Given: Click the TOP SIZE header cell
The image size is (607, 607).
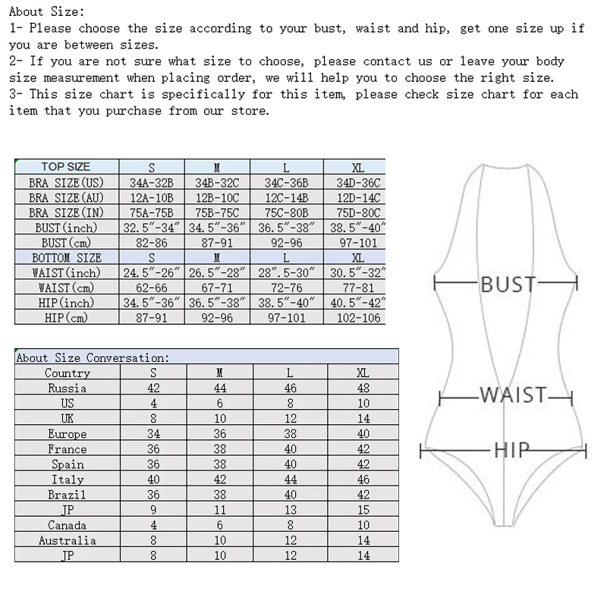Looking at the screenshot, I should click(66, 167).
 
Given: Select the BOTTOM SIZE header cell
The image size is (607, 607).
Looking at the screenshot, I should click(67, 258).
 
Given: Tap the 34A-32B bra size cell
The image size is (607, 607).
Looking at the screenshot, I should click(152, 183).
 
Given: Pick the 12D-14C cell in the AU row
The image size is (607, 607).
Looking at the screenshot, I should click(358, 198).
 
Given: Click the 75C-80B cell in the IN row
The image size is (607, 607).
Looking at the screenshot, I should click(286, 213).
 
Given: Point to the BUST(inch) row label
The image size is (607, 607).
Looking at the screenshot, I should click(67, 228).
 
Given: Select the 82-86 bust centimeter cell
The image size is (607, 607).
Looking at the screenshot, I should click(152, 243).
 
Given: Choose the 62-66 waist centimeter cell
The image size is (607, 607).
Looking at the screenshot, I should click(152, 288).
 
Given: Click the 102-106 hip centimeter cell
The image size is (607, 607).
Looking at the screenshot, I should click(358, 318).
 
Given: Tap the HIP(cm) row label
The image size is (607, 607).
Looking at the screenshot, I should click(67, 318).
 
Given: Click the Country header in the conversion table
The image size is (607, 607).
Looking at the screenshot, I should click(67, 373).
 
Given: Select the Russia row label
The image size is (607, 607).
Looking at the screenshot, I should click(67, 388).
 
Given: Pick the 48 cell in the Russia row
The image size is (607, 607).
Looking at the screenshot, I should click(363, 388).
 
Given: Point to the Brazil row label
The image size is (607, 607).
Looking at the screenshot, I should click(67, 495).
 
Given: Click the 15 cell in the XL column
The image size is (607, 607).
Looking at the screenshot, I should click(363, 510).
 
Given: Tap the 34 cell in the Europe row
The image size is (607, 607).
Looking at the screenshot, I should click(153, 434).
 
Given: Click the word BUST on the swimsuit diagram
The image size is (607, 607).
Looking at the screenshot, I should click(508, 284).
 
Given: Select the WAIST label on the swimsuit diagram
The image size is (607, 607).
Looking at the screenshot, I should click(513, 395).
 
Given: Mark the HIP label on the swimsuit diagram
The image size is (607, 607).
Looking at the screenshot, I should click(512, 450).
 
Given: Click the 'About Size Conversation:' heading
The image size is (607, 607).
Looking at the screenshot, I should click(93, 357).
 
